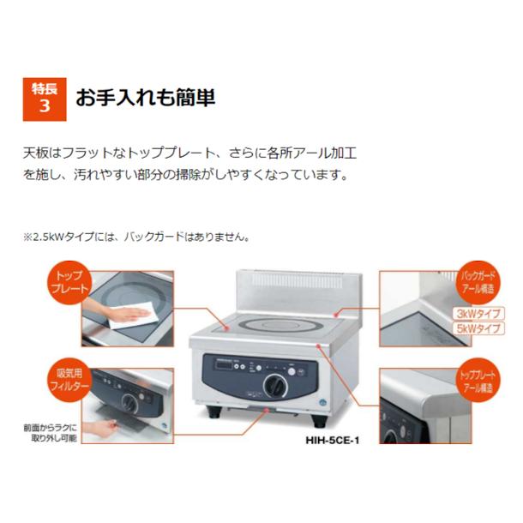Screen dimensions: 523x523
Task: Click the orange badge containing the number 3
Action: click(x=43, y=96)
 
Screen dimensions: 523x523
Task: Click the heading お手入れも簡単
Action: click(x=145, y=96)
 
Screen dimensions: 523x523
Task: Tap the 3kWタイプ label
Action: click(x=476, y=313)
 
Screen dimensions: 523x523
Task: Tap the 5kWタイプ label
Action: click(x=476, y=329)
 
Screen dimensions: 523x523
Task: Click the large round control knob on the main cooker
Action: click(x=274, y=383)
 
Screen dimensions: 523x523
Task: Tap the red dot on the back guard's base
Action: click(x=340, y=313)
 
